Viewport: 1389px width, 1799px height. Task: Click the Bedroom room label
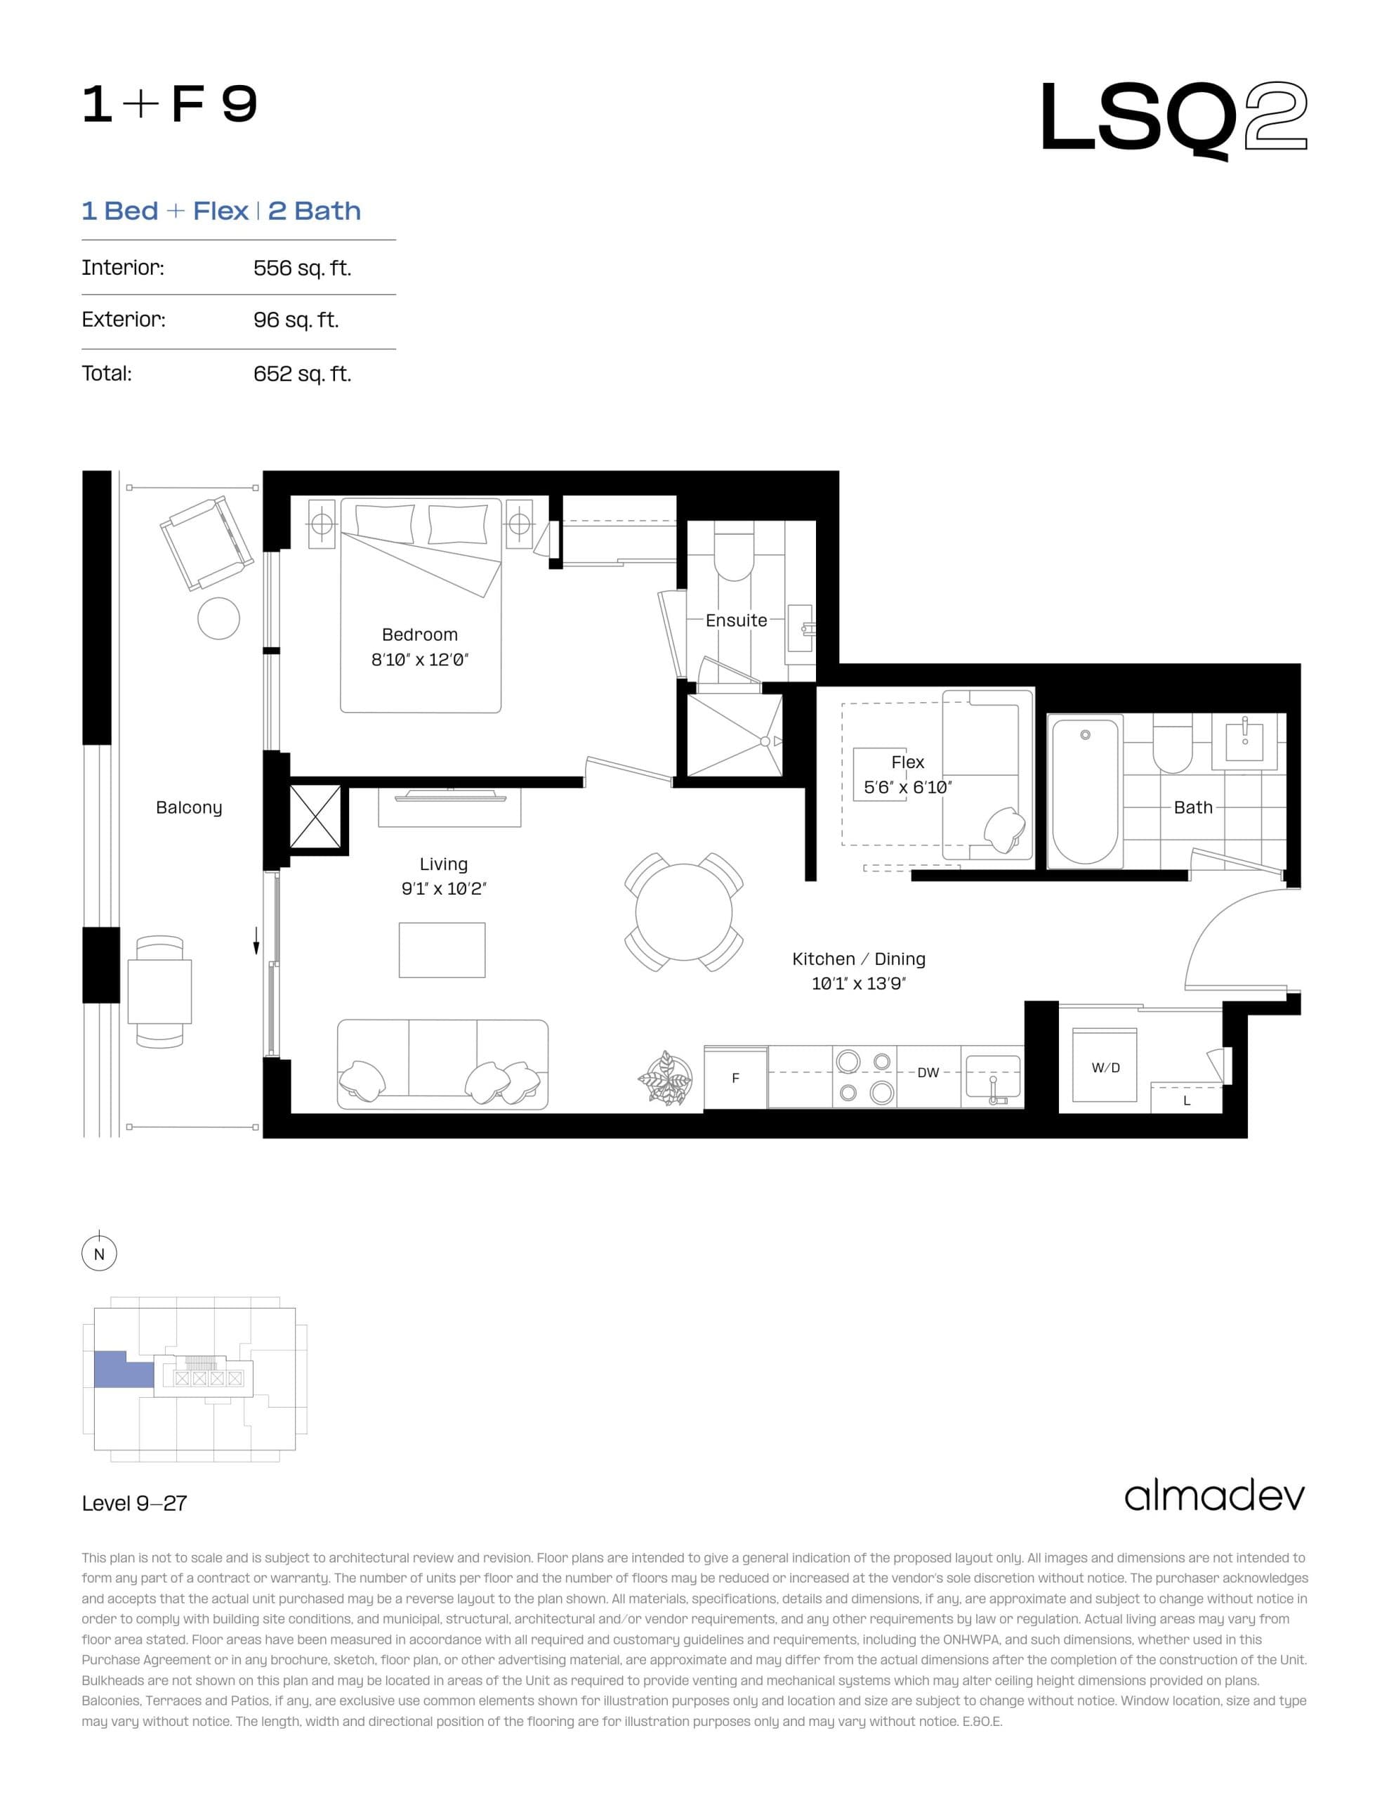click(x=419, y=635)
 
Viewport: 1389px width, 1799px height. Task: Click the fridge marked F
click(x=735, y=1077)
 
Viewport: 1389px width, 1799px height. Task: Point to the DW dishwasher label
click(x=928, y=1072)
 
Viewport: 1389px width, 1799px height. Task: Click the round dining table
click(x=683, y=912)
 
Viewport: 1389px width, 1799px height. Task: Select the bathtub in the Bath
click(x=1084, y=791)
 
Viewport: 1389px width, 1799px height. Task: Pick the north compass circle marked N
click(x=100, y=1254)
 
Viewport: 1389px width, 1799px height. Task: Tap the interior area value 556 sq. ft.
click(x=302, y=268)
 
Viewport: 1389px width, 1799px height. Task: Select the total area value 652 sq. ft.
click(x=302, y=374)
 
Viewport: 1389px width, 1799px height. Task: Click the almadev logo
click(x=1214, y=1497)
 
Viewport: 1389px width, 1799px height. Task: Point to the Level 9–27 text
click(x=134, y=1503)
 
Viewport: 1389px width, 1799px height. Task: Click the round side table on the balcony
click(x=218, y=618)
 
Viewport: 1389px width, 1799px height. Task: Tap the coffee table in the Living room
click(x=442, y=950)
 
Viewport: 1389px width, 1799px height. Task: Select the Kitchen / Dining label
click(x=858, y=959)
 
